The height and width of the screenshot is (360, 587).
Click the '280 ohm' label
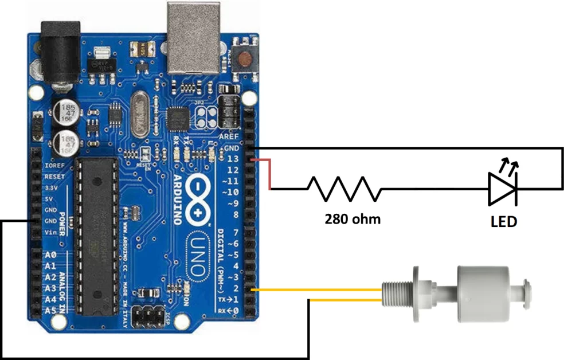coord(352,218)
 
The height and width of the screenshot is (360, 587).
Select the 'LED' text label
coord(504,221)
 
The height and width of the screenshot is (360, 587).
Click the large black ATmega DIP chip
coord(97,236)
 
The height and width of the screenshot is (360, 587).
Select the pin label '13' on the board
coord(233,159)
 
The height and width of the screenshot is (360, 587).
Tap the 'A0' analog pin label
coord(50,255)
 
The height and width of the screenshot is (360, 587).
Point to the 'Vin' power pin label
coord(50,232)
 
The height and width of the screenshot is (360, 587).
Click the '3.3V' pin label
coord(50,187)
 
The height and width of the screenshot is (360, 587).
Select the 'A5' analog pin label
coord(50,310)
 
